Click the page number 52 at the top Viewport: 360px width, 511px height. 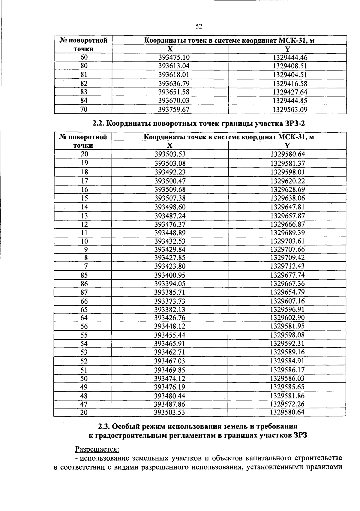click(199, 27)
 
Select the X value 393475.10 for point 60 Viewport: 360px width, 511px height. click(174, 58)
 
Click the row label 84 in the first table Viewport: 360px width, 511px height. click(84, 101)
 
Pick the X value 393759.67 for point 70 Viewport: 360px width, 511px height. click(174, 110)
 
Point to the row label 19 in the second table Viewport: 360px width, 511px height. click(85, 163)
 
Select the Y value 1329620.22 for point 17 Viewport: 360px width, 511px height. click(287, 181)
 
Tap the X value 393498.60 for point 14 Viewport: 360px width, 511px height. click(170, 207)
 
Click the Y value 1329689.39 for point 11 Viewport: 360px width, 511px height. click(287, 233)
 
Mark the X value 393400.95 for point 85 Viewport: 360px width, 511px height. click(170, 275)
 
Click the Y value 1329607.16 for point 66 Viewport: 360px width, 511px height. click(287, 301)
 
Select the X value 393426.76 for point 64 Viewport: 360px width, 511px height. click(170, 318)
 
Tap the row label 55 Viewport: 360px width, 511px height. click(84, 335)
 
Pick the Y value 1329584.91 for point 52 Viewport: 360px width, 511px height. click(287, 361)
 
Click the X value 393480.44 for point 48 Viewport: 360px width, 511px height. click(169, 396)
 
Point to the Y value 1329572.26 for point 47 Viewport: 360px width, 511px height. click(287, 404)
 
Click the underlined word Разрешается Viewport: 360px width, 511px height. click(97, 449)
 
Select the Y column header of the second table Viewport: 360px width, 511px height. click(287, 146)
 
